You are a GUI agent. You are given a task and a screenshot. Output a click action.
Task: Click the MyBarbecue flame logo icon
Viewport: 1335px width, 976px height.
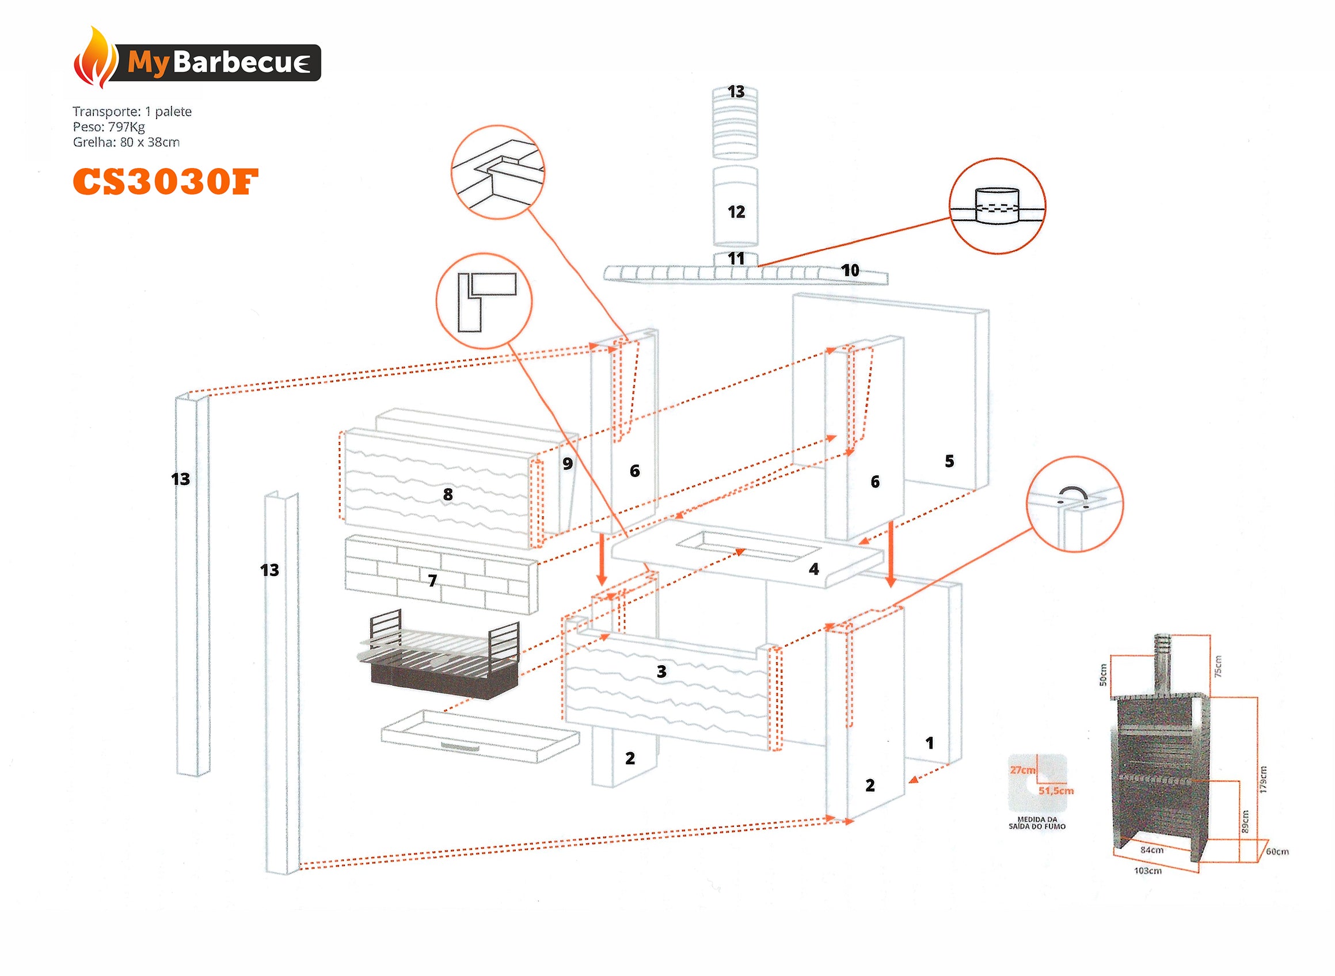coord(94,59)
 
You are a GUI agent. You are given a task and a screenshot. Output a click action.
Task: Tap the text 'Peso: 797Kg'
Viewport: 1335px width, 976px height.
coord(109,127)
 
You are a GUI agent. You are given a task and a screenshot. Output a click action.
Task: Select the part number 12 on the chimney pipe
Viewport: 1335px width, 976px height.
coord(736,212)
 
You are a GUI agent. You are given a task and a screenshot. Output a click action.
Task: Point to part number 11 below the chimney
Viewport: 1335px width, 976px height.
coord(736,258)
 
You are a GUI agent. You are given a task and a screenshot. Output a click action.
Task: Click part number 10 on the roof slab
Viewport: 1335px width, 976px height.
coord(850,270)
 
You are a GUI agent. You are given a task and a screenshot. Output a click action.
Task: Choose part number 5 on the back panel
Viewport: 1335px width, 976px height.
coord(949,461)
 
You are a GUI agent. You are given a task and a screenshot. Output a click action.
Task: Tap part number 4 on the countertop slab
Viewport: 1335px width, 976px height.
coord(814,569)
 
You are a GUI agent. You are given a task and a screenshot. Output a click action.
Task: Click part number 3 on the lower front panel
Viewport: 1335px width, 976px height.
coord(661,671)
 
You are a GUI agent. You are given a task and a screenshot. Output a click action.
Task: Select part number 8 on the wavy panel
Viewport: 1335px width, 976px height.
coord(448,494)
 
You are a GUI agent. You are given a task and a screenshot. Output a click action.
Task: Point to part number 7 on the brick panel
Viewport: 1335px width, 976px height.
coord(432,581)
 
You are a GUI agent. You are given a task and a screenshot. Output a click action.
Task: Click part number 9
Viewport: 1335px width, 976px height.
coord(567,463)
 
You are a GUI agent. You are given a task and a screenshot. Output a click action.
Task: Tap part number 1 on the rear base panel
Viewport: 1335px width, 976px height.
coord(930,742)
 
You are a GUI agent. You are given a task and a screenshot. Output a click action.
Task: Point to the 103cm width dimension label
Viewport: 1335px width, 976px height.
coord(1148,870)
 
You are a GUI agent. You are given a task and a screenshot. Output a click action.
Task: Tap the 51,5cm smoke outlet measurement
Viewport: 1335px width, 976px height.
coord(1056,791)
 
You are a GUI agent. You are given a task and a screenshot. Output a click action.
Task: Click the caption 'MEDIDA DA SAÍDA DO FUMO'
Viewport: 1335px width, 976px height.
coord(1037,823)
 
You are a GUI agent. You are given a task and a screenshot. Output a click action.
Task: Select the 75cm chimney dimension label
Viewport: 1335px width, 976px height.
coord(1218,666)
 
